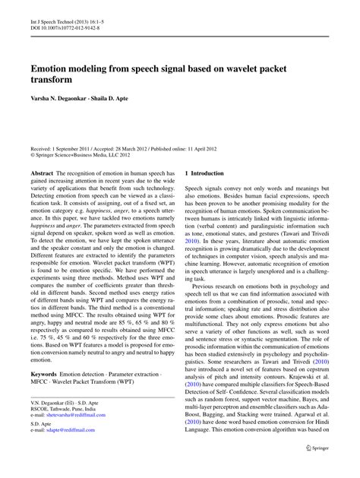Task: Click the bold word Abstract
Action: tap(42, 173)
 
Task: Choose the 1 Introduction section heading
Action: tap(204, 173)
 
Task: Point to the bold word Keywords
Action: tap(45, 397)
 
